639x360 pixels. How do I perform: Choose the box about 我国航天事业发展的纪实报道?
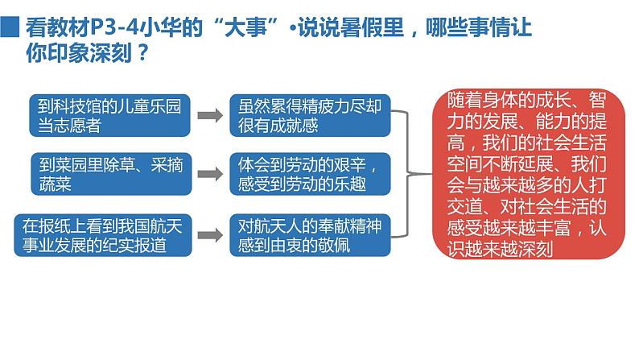click(104, 235)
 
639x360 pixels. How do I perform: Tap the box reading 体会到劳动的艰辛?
click(309, 172)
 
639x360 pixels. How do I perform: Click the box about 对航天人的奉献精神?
click(309, 235)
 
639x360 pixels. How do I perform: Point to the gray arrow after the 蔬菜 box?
click(210, 173)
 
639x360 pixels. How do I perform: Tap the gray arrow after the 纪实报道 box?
click(210, 236)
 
